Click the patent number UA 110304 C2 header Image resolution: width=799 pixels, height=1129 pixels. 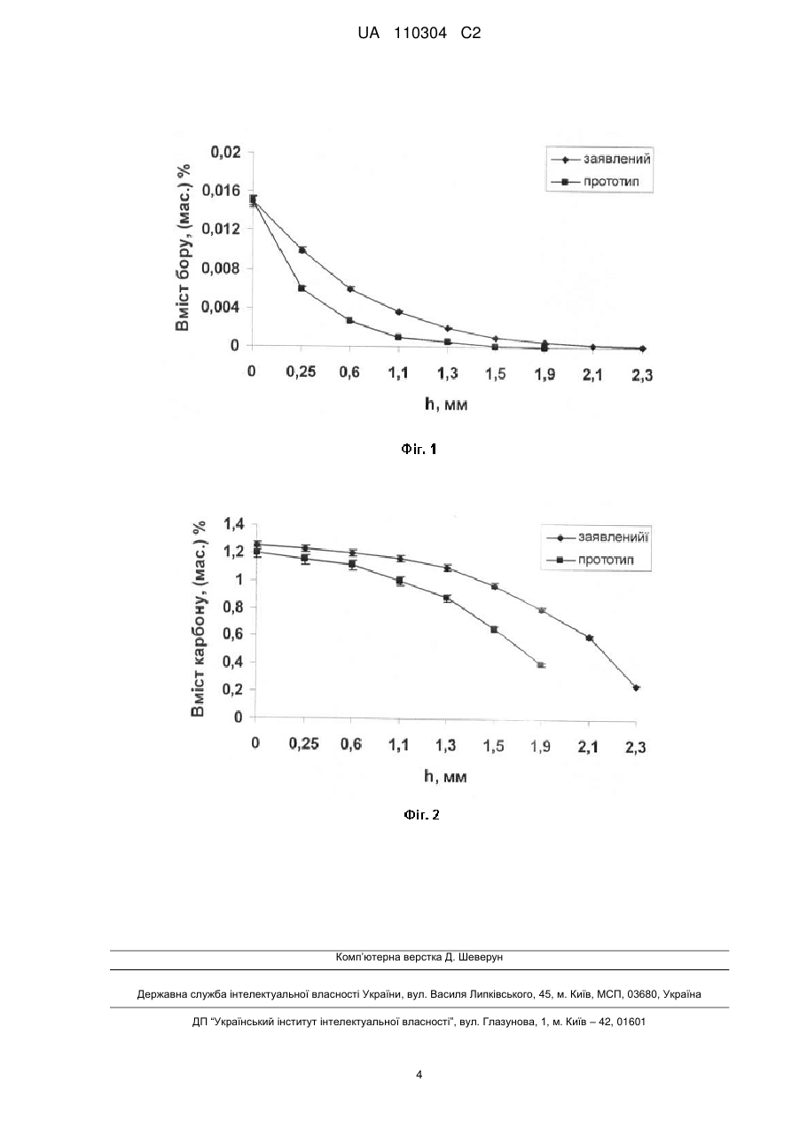pos(419,34)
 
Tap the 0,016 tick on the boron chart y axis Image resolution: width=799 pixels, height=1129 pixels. pos(221,191)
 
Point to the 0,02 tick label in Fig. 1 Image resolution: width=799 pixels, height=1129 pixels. pos(225,152)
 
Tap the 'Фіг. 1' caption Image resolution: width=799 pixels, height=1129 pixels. pos(419,449)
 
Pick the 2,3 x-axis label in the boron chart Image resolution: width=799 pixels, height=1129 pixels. pos(642,375)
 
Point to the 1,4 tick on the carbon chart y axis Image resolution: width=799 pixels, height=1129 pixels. pos(233,525)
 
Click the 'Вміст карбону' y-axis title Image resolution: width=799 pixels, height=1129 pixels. pos(199,619)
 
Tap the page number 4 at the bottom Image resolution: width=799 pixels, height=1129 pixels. pos(419,1075)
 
